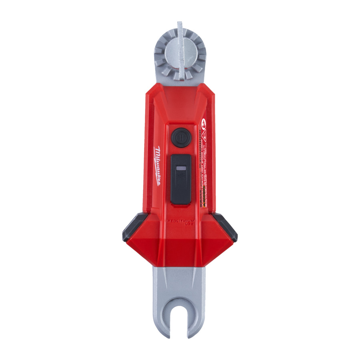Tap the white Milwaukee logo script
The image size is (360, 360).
pos(157,166)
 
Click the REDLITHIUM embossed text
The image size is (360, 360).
pos(180,220)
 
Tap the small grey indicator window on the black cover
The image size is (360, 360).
pos(180,169)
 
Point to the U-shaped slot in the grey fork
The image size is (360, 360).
pos(180,316)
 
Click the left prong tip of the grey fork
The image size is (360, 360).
pos(161,330)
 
